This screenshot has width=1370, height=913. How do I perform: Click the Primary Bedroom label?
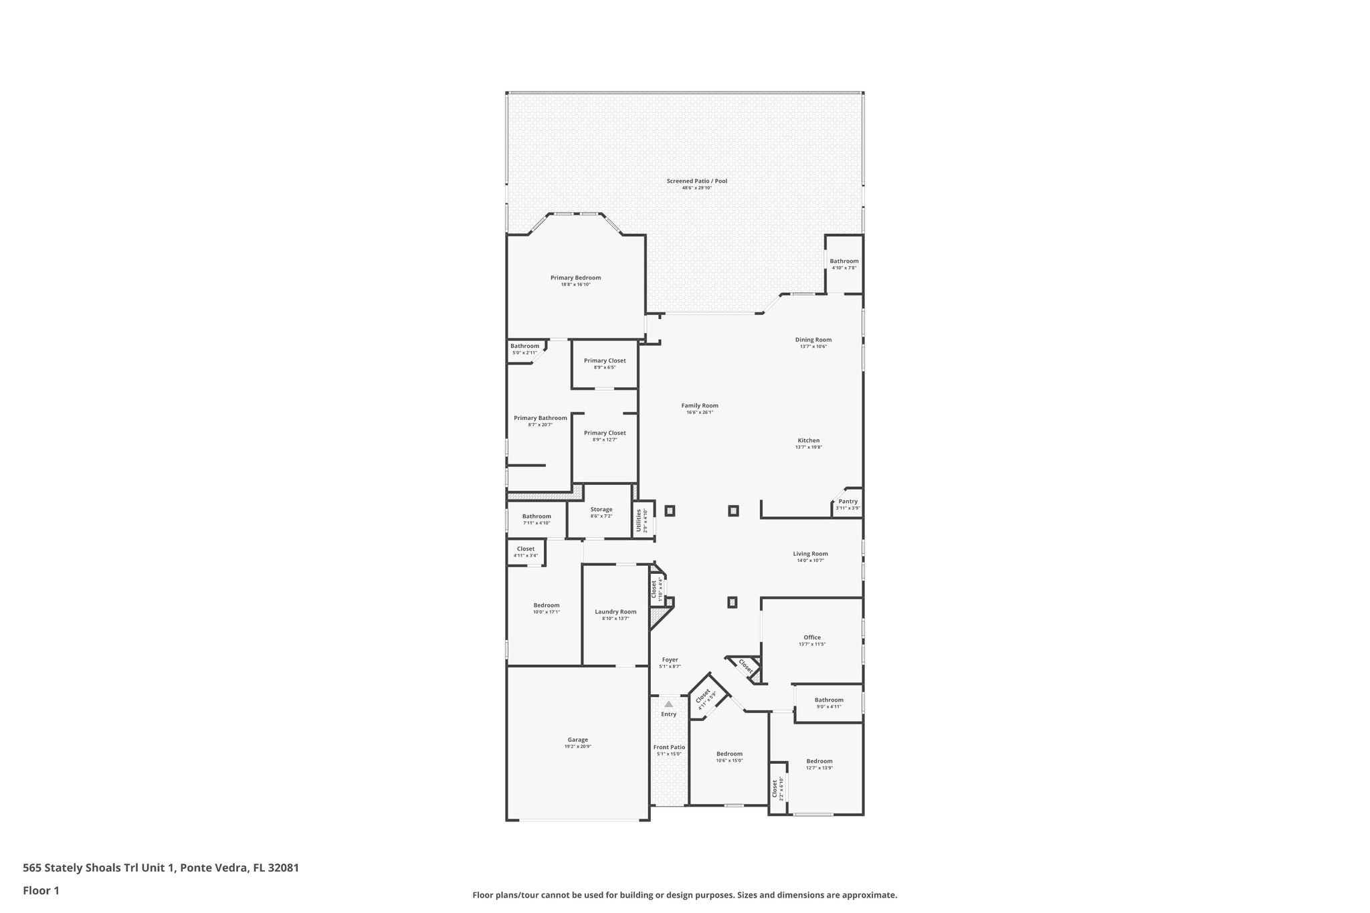coord(575,278)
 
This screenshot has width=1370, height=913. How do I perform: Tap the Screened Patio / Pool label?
coord(696,181)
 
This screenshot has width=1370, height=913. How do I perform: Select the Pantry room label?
coord(848,501)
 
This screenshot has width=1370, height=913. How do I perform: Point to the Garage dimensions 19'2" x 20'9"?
coord(577,746)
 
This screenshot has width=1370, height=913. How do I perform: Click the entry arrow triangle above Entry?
coord(668,704)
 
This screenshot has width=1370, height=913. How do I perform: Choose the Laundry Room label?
coord(615,611)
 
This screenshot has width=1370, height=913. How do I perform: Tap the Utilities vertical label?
coord(638,520)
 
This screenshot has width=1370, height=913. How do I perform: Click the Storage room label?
coord(601,509)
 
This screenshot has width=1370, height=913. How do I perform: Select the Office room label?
coord(812,637)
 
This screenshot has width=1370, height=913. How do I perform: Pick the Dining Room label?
coord(813,339)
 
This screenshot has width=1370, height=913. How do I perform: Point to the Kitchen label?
coord(808,440)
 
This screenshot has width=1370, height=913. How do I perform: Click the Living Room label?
coord(810,553)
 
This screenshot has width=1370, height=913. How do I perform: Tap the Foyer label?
coord(669,660)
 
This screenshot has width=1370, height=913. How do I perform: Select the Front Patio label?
coord(669,747)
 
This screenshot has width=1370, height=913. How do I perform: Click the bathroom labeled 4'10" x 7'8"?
coord(844,261)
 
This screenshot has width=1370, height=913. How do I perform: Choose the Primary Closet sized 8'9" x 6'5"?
coord(604,361)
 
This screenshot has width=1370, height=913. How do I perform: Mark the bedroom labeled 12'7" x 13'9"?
coord(819,760)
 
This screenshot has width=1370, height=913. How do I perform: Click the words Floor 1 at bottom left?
coord(41,890)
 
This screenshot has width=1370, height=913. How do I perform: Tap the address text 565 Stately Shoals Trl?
coord(98,868)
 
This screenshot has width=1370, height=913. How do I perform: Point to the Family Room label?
coord(700,405)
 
